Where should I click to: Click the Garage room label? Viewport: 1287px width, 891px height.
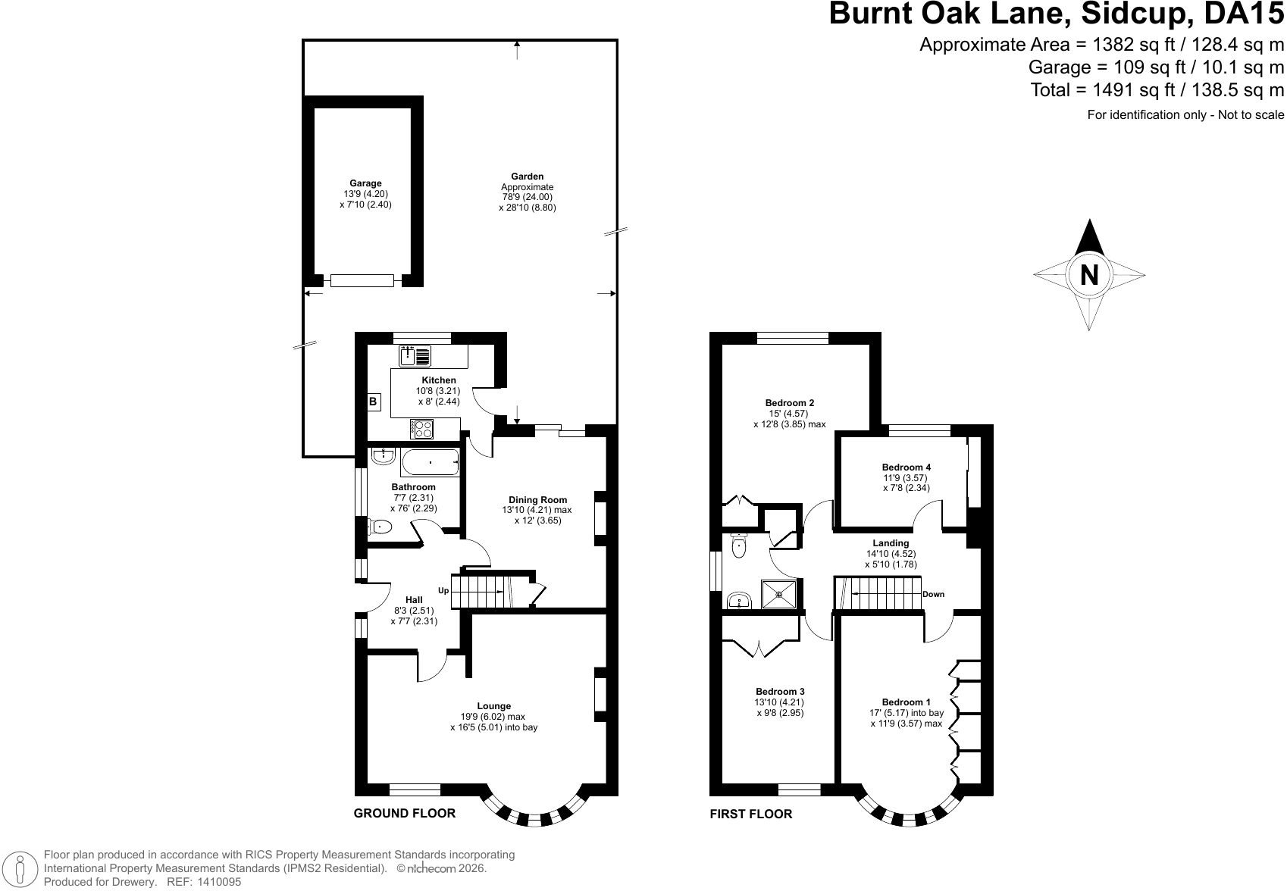pos(365,184)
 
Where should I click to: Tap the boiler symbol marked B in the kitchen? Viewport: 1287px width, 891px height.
pos(374,402)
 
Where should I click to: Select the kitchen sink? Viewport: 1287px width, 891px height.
pos(415,356)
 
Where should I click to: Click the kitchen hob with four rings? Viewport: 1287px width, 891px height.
pos(421,429)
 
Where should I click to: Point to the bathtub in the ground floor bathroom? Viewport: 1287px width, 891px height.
pos(431,462)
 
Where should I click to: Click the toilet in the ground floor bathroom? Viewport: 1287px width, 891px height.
pos(380,527)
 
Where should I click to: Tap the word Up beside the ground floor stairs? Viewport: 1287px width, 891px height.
pos(443,590)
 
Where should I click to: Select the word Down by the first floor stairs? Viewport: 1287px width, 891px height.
pos(934,595)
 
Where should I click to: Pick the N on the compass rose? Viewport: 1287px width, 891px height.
pos(1089,275)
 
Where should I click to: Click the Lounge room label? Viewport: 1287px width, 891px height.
pos(494,706)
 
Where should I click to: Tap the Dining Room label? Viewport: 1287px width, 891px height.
pos(538,500)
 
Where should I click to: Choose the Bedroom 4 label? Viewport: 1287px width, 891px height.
pos(907,467)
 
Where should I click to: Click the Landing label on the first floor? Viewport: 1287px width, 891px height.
pos(891,543)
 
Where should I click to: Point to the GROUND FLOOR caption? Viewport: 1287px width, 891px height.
pos(405,813)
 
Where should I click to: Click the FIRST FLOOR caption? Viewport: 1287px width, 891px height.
pos(751,814)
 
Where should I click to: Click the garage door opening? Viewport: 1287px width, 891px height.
pos(362,281)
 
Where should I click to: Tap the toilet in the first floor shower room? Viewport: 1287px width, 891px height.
pos(739,546)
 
